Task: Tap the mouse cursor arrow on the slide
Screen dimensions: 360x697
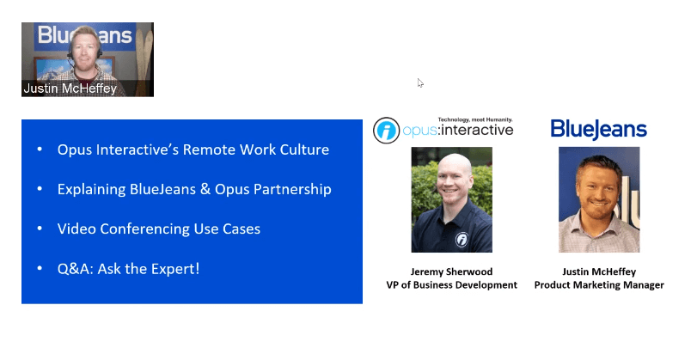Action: [x=420, y=82]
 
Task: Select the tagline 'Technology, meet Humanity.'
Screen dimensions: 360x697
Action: [x=475, y=119]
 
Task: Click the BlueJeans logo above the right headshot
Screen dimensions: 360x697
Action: [x=598, y=130]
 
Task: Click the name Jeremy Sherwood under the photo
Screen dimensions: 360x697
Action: [x=451, y=272]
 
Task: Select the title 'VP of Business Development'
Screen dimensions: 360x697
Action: [x=451, y=285]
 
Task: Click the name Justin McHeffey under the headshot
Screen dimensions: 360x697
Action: [x=599, y=272]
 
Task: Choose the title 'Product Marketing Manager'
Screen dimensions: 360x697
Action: [x=599, y=285]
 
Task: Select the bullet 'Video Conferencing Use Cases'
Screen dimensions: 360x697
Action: [x=159, y=229]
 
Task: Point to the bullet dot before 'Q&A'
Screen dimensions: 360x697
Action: [x=40, y=269]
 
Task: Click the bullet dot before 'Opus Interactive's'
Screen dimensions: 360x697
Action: [x=40, y=150]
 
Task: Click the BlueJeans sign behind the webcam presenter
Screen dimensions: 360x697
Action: [x=84, y=35]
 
